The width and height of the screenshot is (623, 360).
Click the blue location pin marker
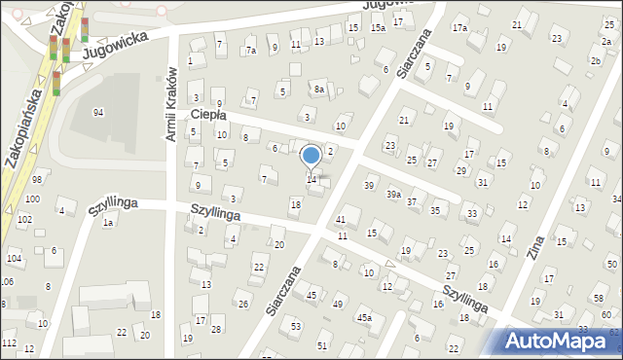[x=311, y=156]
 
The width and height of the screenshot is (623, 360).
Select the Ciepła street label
[x=208, y=115]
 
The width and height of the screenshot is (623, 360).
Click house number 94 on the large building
[x=98, y=113]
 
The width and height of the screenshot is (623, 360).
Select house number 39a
[x=392, y=195]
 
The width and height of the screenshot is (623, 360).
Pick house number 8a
[x=318, y=90]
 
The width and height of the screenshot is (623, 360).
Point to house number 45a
[x=364, y=317]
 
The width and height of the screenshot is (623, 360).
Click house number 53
[x=296, y=326]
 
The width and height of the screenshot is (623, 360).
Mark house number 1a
[x=109, y=223]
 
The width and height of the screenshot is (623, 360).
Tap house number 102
[x=23, y=219]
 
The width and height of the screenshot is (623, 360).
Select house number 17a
[x=459, y=27]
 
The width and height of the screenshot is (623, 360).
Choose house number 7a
[x=251, y=50]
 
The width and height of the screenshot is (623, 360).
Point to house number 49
[x=338, y=305]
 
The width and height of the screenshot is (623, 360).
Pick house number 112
[x=9, y=343]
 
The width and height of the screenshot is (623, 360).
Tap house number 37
[x=412, y=202]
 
